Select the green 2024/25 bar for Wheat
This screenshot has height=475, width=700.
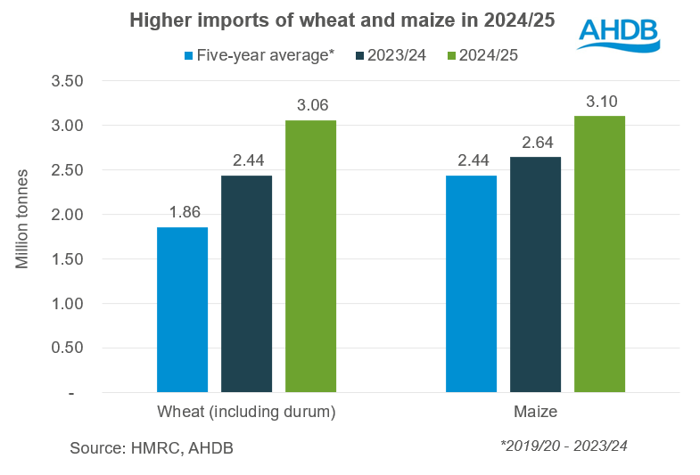(310, 257)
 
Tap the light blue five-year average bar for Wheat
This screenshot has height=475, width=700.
(182, 310)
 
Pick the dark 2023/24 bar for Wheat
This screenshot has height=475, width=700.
(246, 284)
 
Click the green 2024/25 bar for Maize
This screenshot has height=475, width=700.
(599, 255)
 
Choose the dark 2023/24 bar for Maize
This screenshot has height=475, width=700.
(535, 275)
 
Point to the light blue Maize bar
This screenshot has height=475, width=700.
(471, 284)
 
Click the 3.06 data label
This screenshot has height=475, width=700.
(310, 106)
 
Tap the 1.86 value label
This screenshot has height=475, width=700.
(182, 213)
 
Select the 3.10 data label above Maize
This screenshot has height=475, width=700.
(599, 102)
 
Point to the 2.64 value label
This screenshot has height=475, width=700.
(535, 143)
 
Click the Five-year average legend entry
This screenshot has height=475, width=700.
(259, 55)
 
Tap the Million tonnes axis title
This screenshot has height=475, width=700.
(23, 219)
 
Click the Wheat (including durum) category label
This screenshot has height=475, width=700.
(246, 412)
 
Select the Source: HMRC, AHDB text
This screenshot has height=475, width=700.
(152, 448)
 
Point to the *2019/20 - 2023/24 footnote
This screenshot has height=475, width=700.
(564, 446)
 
